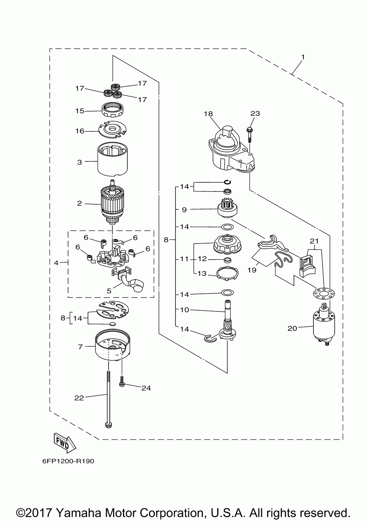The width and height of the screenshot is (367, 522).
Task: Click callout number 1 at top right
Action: (303, 57)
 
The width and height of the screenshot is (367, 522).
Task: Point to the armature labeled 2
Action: (113, 202)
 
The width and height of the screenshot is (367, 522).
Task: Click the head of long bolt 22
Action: (108, 425)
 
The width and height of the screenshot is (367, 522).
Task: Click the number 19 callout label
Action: (252, 270)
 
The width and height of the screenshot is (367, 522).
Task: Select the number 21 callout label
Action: (314, 241)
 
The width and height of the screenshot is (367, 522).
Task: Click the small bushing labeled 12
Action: (228, 260)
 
